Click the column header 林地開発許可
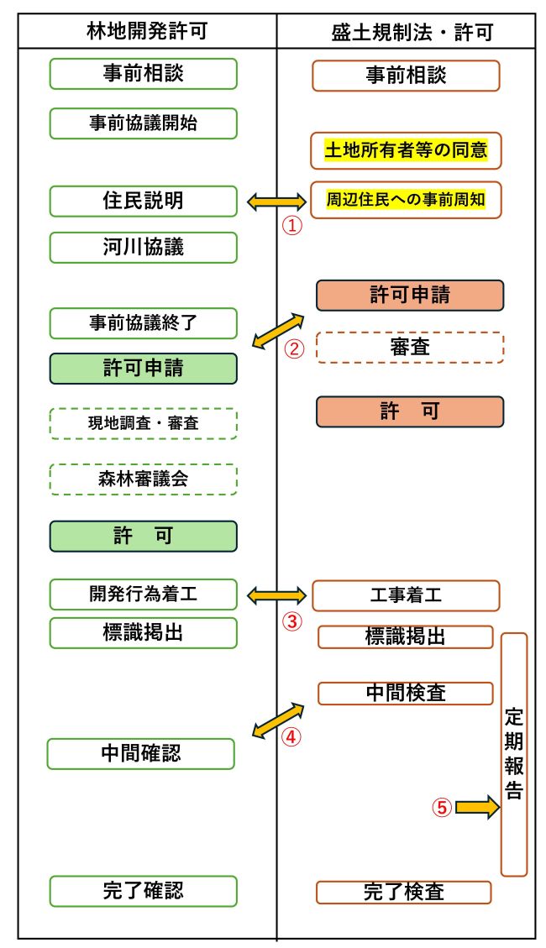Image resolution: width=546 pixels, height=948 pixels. tap(147, 32)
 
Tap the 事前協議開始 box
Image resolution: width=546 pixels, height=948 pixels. tap(144, 123)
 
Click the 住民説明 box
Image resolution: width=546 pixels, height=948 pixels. tap(144, 202)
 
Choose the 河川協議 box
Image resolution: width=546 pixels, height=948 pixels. tap(144, 248)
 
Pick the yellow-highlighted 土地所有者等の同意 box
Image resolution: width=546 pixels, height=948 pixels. tap(406, 151)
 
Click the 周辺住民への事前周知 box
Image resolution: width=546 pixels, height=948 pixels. tap(406, 200)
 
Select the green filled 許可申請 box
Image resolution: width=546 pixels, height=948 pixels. tap(144, 369)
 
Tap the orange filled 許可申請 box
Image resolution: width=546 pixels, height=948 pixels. tap(410, 295)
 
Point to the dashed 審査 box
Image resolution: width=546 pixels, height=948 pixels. tap(410, 347)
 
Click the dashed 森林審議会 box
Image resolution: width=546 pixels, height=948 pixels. tap(144, 479)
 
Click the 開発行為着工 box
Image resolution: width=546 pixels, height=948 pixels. tap(144, 594)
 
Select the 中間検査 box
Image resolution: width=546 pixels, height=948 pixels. tap(406, 693)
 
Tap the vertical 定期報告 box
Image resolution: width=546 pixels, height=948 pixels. tap(514, 754)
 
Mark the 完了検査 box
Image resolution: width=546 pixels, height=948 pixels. tap(404, 892)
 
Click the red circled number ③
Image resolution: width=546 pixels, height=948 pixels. tap(291, 622)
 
